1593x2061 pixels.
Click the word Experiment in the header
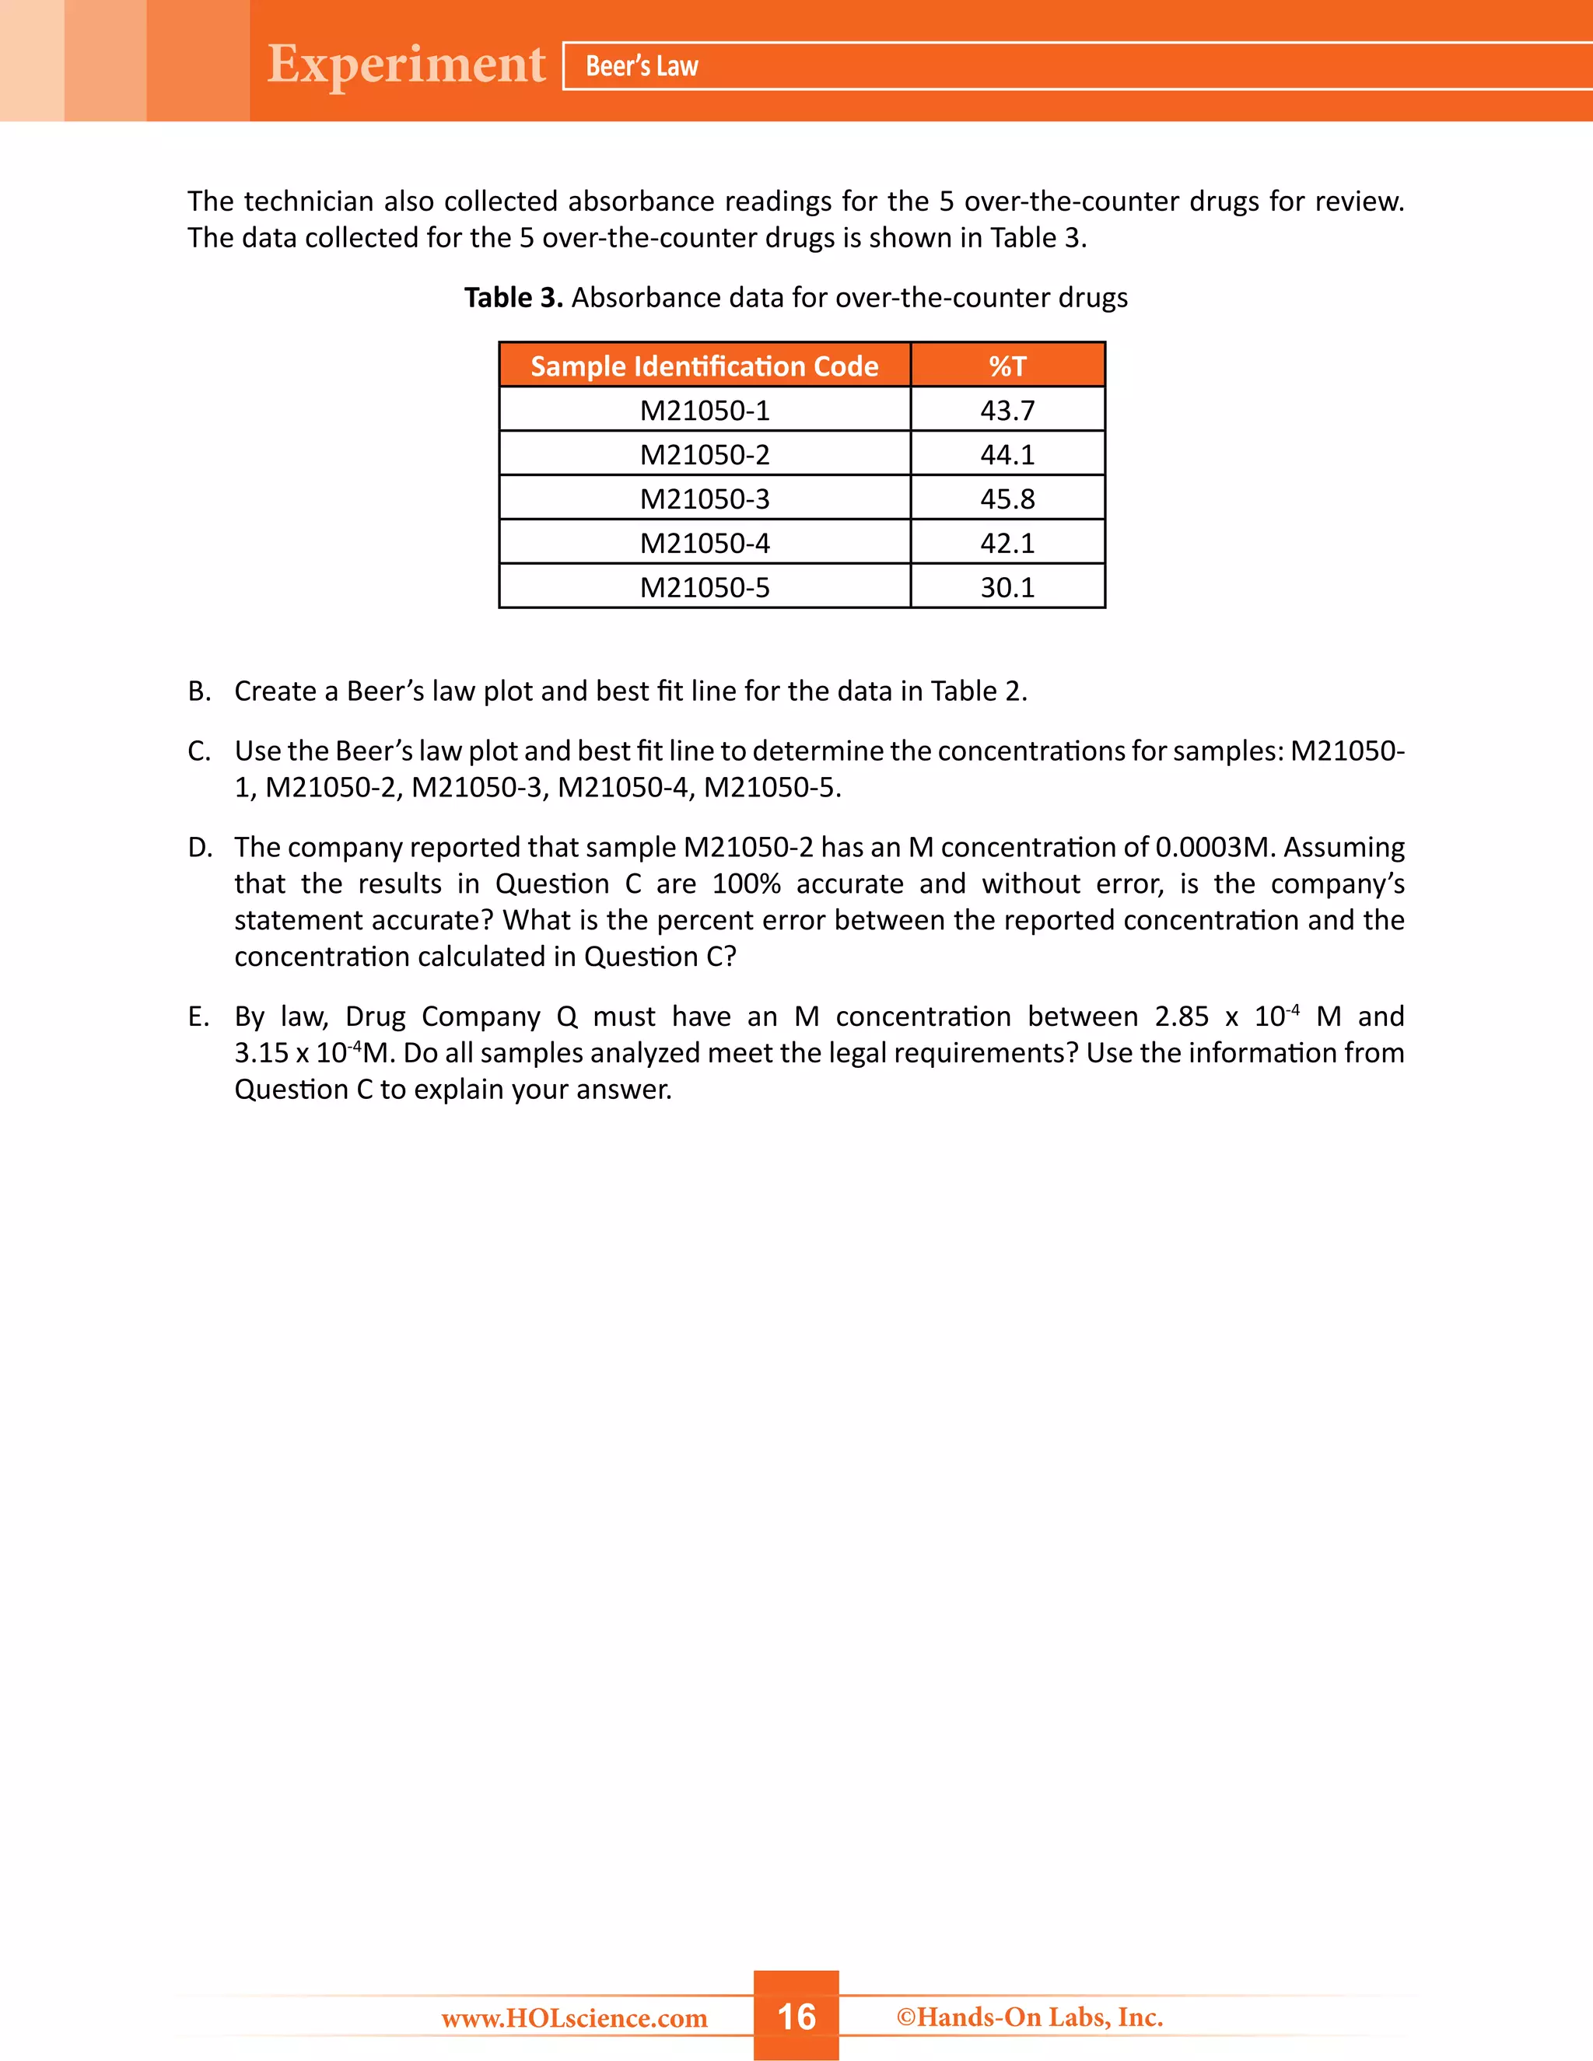click(x=406, y=65)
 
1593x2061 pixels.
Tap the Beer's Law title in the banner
click(x=642, y=66)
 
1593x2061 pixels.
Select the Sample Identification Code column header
click(x=704, y=366)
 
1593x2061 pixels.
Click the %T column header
click(x=1007, y=366)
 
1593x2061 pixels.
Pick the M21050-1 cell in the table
click(x=704, y=411)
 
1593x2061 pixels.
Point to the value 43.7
click(x=1007, y=411)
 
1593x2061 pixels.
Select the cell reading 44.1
click(x=1007, y=455)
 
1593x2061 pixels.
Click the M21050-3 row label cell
click(x=704, y=499)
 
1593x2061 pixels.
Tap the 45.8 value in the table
click(x=1007, y=499)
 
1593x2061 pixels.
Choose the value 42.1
click(x=1007, y=543)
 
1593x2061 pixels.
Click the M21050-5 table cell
click(x=704, y=587)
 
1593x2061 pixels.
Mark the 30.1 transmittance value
click(x=1007, y=587)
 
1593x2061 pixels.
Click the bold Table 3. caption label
click(x=513, y=297)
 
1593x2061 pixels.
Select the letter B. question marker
click(x=199, y=691)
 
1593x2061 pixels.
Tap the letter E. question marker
click(x=198, y=1017)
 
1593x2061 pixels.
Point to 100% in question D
click(x=745, y=884)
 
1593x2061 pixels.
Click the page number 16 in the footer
click(x=796, y=2016)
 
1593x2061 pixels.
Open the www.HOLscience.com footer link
click(x=574, y=2018)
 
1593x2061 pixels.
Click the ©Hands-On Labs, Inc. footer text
click(x=1028, y=2017)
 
